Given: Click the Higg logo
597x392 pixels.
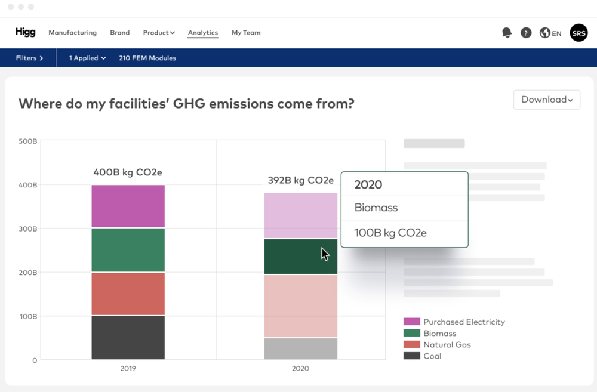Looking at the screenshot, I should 26,32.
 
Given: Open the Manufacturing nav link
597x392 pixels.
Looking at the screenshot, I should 72,33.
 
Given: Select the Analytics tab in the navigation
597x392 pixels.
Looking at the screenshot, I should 202,33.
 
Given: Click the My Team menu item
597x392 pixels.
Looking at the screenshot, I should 246,33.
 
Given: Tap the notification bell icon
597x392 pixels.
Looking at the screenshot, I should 507,33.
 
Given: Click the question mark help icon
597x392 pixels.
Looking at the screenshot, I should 526,33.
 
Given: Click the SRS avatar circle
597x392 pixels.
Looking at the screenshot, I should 578,33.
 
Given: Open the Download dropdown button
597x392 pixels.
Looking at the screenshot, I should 546,100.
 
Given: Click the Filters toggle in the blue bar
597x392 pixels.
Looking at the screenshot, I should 30,58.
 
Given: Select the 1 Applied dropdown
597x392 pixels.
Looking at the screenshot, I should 87,58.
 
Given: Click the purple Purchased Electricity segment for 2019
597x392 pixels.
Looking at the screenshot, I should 128,206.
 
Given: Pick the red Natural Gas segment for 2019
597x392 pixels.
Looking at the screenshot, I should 128,294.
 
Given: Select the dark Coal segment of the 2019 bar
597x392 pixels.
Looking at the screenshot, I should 128,337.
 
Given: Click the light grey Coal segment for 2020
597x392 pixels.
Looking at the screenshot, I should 300,348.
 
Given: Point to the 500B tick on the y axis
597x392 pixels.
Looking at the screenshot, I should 28,141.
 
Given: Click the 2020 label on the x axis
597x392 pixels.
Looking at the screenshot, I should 300,368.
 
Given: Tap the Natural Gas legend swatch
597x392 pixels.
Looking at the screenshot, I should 412,344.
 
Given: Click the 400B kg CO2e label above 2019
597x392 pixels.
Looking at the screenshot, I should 128,172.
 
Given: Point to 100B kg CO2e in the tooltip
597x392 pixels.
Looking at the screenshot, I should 390,233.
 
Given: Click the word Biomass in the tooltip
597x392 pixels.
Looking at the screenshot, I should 376,208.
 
